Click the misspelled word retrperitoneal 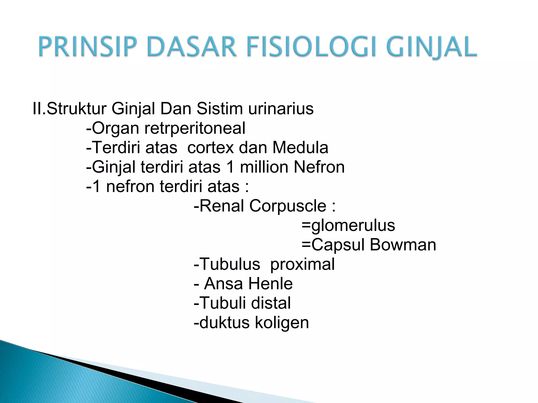tap(195, 128)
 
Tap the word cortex tap(210, 148)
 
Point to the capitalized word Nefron tap(319, 167)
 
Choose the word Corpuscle tap(288, 206)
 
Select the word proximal tap(302, 264)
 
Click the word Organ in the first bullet tap(116, 128)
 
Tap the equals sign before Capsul tap(306, 245)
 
